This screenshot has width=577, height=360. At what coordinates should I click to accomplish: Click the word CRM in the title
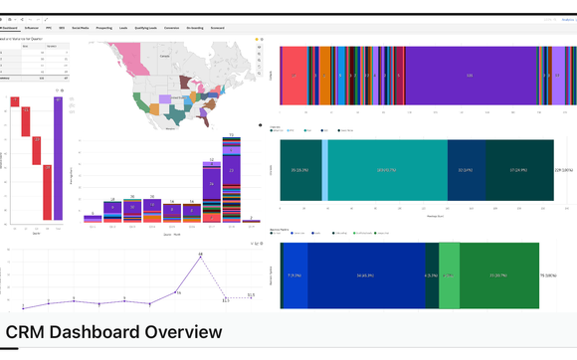click(26, 332)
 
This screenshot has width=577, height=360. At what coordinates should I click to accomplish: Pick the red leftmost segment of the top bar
click(294, 76)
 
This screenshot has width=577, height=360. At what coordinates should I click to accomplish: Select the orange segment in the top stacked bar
click(325, 76)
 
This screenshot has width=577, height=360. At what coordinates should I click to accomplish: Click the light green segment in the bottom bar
click(449, 274)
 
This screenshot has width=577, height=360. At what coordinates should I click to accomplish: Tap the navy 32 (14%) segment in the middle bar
click(464, 170)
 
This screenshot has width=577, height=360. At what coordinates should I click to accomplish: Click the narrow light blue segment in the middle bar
click(325, 170)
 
